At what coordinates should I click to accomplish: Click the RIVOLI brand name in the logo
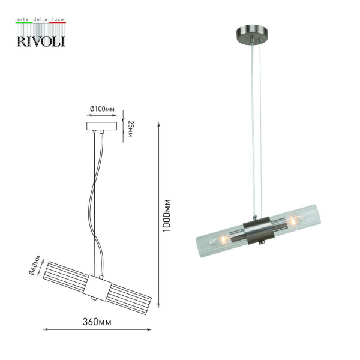tap(41, 40)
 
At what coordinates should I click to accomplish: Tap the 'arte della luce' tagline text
tap(41, 20)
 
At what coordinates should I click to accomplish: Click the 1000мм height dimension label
tap(168, 216)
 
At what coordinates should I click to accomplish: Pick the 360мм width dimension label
tap(99, 322)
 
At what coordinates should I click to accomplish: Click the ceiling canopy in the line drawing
tap(101, 127)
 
